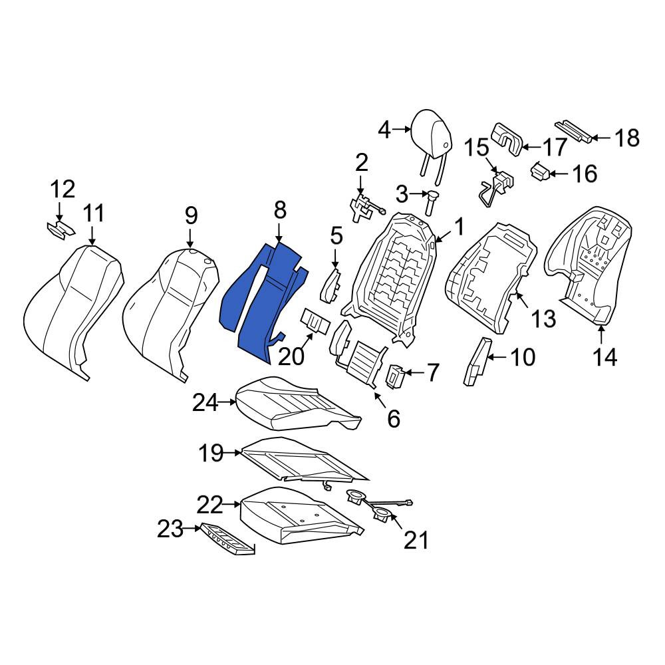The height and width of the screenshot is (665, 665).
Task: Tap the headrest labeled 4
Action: (x=432, y=136)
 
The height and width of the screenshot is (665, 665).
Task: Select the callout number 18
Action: (x=627, y=138)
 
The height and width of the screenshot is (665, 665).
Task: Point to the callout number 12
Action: (x=63, y=189)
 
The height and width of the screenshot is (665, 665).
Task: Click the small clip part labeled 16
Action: (x=540, y=172)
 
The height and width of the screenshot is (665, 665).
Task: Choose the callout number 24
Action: (x=205, y=403)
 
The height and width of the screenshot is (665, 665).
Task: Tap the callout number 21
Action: (x=416, y=540)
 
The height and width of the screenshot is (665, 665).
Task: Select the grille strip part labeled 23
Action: (x=228, y=539)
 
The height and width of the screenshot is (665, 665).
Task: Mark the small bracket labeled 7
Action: (x=395, y=376)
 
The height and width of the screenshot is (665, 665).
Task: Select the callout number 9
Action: (x=191, y=216)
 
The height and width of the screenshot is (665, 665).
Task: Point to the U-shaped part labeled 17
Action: (x=507, y=139)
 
